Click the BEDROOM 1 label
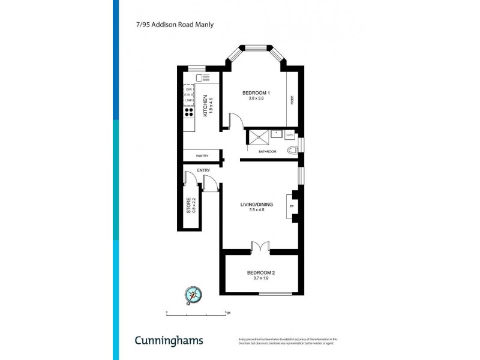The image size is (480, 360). point(256,92)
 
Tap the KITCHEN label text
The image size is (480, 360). point(205,106)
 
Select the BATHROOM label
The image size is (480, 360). point(267,151)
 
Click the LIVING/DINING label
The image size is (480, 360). point(257,205)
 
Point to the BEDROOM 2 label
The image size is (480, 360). point(261,273)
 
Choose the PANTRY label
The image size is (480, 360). point(202,156)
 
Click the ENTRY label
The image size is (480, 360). point(203,170)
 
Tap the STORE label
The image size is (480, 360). point(188,206)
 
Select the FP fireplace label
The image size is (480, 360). point(292,208)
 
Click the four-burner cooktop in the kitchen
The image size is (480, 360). point(189,111)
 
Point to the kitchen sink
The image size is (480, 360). point(203,77)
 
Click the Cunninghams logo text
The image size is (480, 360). point(168,340)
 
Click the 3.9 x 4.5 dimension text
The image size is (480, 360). point(257,209)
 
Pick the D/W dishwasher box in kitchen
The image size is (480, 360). point(189,89)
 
